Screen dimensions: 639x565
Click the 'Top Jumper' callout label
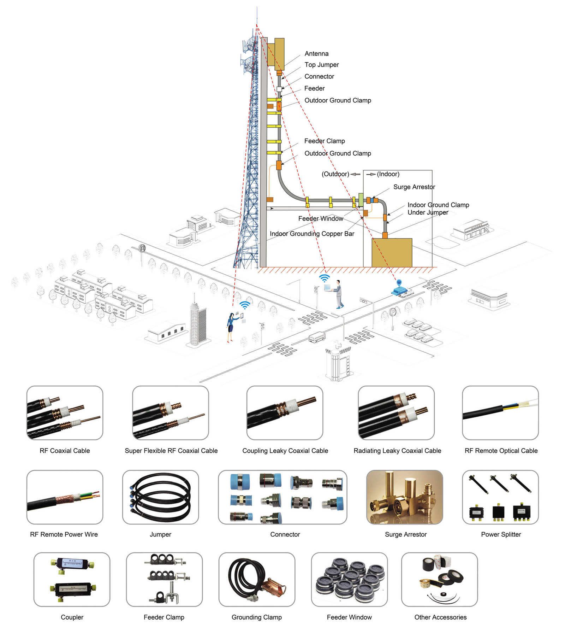[x=321, y=65]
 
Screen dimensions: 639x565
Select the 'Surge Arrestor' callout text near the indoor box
[x=414, y=187]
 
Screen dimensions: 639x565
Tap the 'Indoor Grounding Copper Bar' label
[x=312, y=234]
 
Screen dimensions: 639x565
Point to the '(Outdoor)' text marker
[x=335, y=174]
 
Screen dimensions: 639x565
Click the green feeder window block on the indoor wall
[x=361, y=200]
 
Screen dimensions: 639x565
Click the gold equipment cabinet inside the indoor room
[x=392, y=252]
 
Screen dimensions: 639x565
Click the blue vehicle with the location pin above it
[x=400, y=291]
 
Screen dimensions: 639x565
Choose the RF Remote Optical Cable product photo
[x=500, y=412]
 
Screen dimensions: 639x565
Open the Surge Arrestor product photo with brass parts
[x=404, y=497]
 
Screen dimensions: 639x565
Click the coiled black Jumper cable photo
[x=160, y=497]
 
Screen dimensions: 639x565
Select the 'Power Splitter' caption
[x=501, y=534]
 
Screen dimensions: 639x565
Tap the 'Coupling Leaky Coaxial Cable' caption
[x=285, y=451]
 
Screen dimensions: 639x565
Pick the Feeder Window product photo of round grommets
[x=349, y=580]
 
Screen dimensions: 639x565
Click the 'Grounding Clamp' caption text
[x=256, y=617]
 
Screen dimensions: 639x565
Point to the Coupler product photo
[x=72, y=580]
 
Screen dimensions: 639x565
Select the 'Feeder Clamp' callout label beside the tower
[x=324, y=141]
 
